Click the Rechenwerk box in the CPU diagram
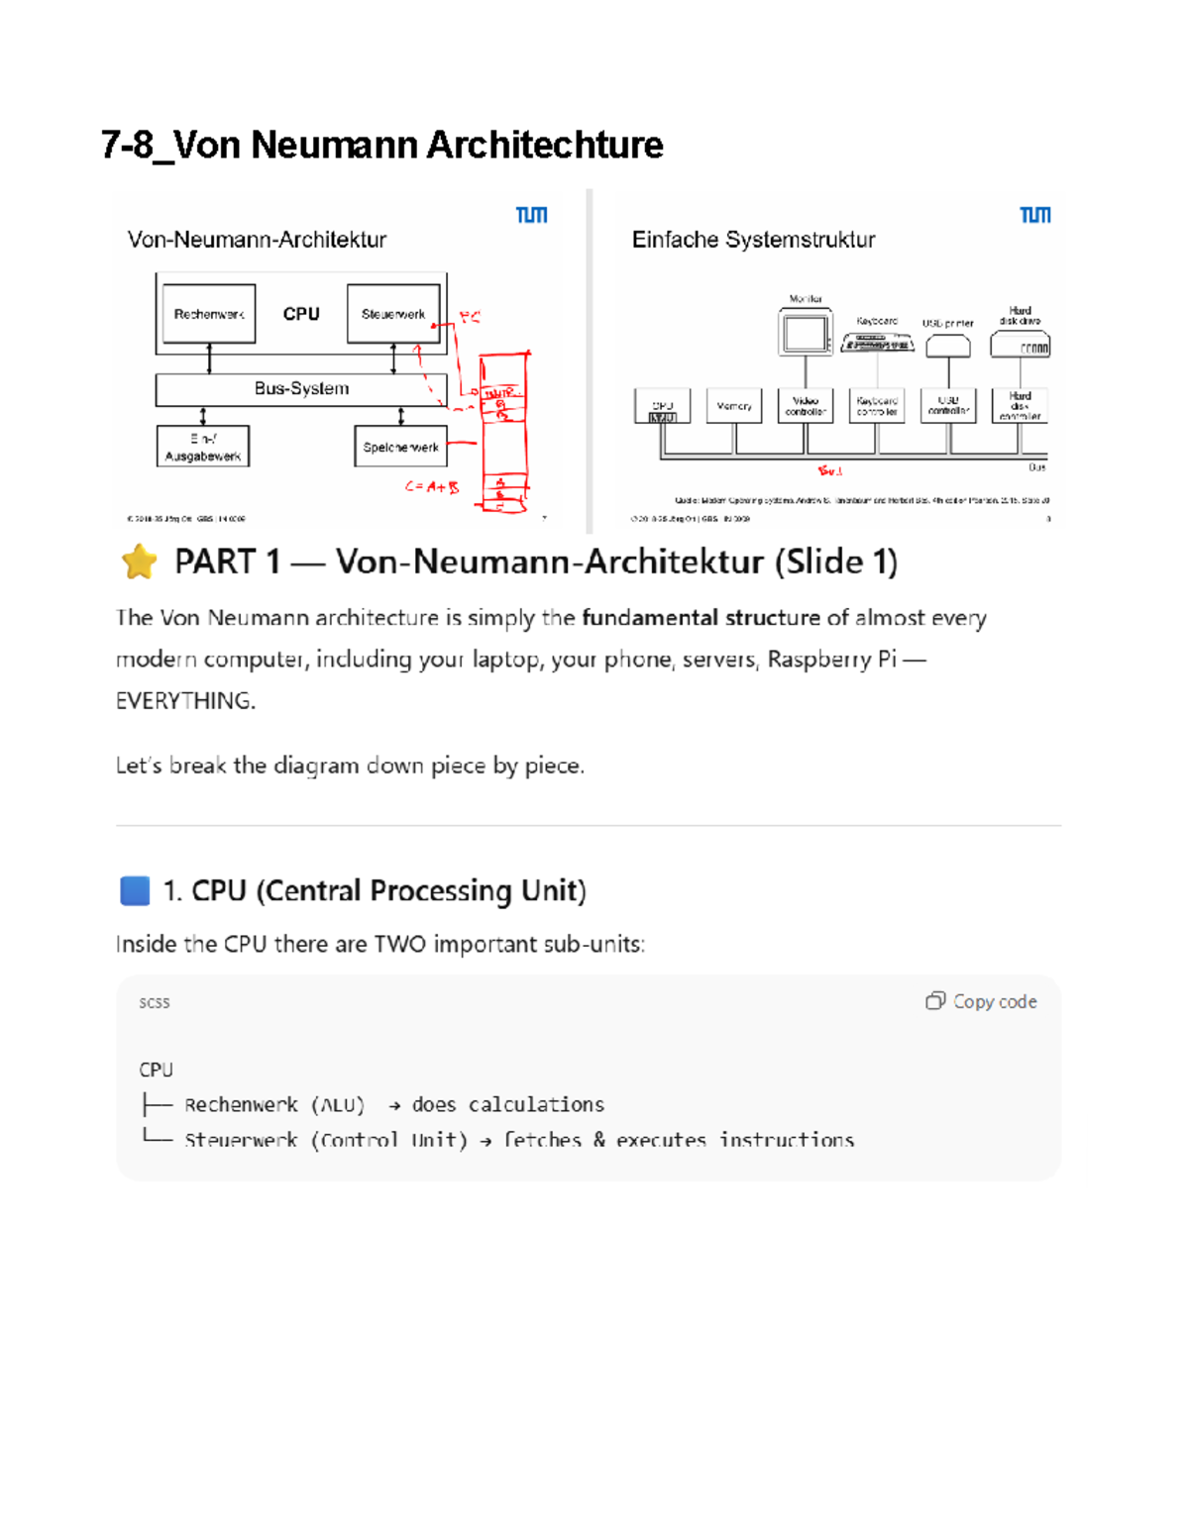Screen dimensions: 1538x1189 [209, 314]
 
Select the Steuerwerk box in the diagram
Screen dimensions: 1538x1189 [393, 314]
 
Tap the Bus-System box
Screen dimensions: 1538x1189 [301, 389]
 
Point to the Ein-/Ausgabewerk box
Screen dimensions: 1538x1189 [203, 447]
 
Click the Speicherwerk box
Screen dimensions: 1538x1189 [400, 447]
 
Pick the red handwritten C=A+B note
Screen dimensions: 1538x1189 [432, 487]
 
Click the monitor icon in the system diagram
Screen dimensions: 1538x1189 [805, 333]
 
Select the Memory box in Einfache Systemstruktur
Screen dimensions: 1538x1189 [734, 406]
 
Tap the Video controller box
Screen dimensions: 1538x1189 [806, 406]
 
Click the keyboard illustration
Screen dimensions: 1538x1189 [877, 343]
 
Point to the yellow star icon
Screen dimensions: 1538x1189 [140, 562]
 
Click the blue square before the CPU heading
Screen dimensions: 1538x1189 [135, 890]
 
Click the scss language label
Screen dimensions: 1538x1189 [155, 1002]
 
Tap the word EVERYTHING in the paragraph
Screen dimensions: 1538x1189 [185, 701]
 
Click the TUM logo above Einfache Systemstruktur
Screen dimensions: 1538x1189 [1035, 215]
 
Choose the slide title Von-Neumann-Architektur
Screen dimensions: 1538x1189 [257, 240]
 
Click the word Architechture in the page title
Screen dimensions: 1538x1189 [545, 145]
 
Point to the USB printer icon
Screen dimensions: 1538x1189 [948, 346]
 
